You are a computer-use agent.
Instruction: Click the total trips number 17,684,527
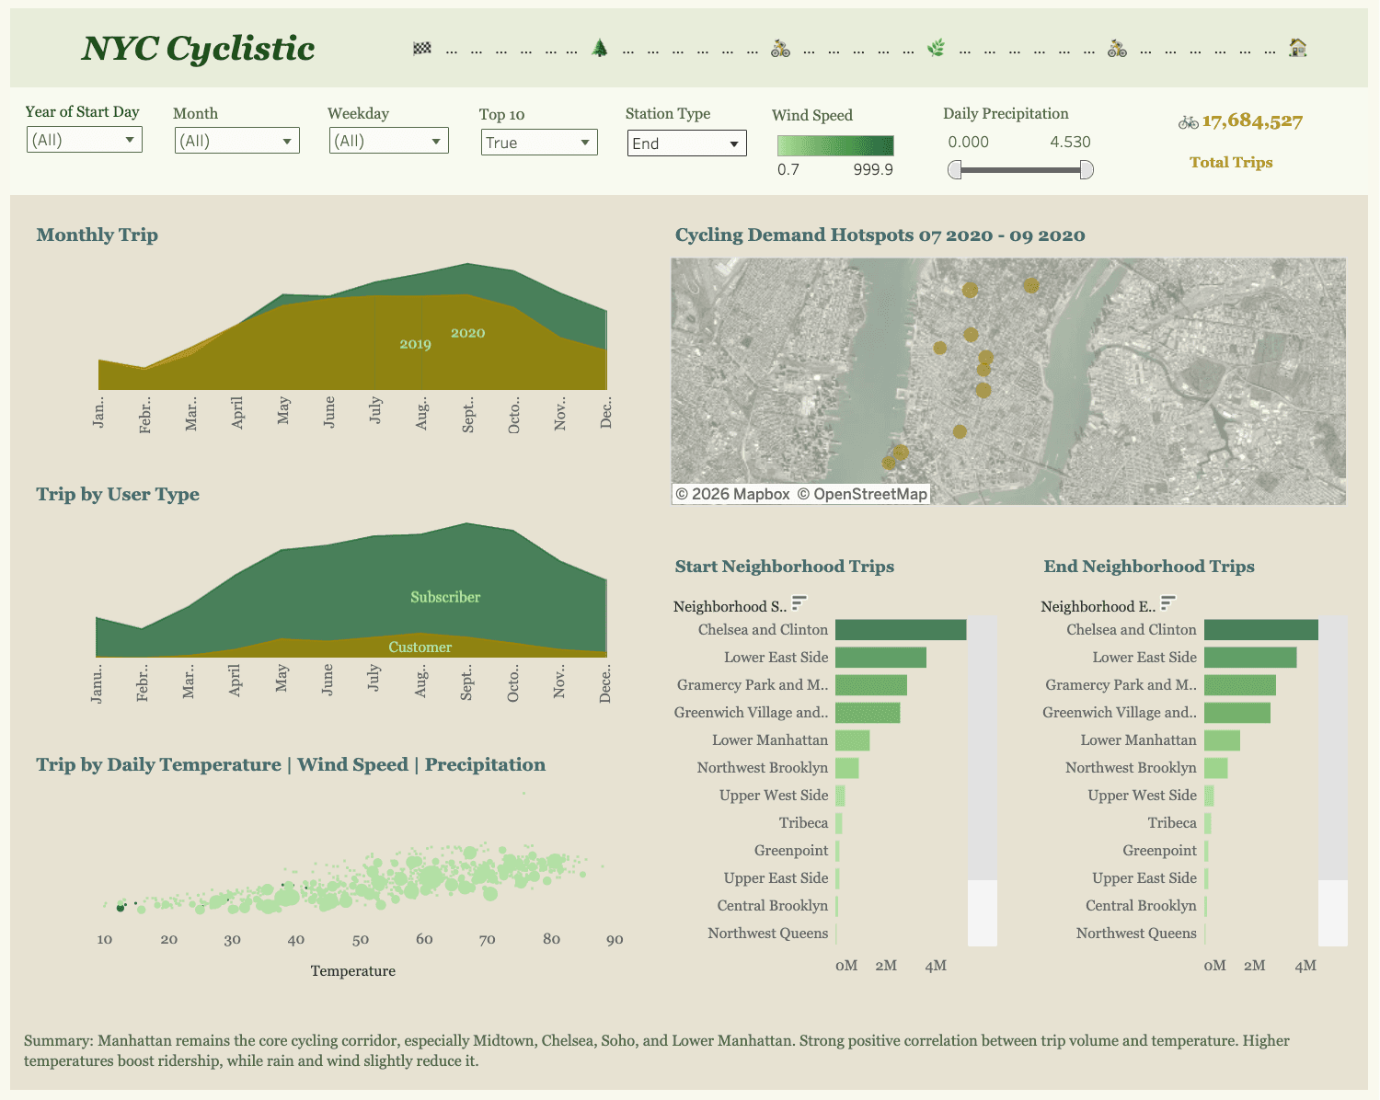[x=1251, y=121]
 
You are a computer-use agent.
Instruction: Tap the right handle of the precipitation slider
[x=1086, y=170]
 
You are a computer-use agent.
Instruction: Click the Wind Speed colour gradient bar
[x=834, y=145]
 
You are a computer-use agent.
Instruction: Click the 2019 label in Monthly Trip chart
[x=415, y=344]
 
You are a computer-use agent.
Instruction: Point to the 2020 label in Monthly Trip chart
[x=467, y=333]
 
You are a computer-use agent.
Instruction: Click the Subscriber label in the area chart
[x=445, y=597]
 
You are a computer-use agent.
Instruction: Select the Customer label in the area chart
[x=420, y=647]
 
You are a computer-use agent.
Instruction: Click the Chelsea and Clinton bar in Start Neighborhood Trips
[x=900, y=630]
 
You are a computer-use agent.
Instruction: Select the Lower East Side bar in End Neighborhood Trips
[x=1249, y=658]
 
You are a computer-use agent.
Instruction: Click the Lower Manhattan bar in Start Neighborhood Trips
[x=852, y=740]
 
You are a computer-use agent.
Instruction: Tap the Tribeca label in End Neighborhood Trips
[x=1171, y=823]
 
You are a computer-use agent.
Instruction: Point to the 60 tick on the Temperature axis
[x=424, y=939]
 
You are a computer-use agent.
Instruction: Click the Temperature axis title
[x=352, y=971]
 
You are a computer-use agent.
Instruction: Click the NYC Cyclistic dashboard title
[x=198, y=49]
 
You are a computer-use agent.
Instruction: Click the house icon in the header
[x=1297, y=48]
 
